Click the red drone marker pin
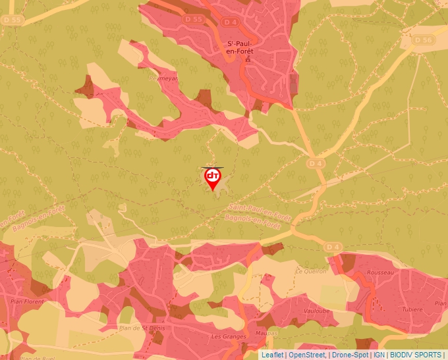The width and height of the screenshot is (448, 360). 213,178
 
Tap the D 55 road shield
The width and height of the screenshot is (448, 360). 194,19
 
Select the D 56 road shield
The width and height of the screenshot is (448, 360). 426,40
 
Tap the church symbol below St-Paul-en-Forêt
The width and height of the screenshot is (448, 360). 248,60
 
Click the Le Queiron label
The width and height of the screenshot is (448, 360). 311,271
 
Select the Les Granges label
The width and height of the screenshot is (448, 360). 229,336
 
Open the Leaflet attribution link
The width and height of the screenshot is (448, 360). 272,355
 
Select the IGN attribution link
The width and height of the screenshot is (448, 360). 379,355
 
